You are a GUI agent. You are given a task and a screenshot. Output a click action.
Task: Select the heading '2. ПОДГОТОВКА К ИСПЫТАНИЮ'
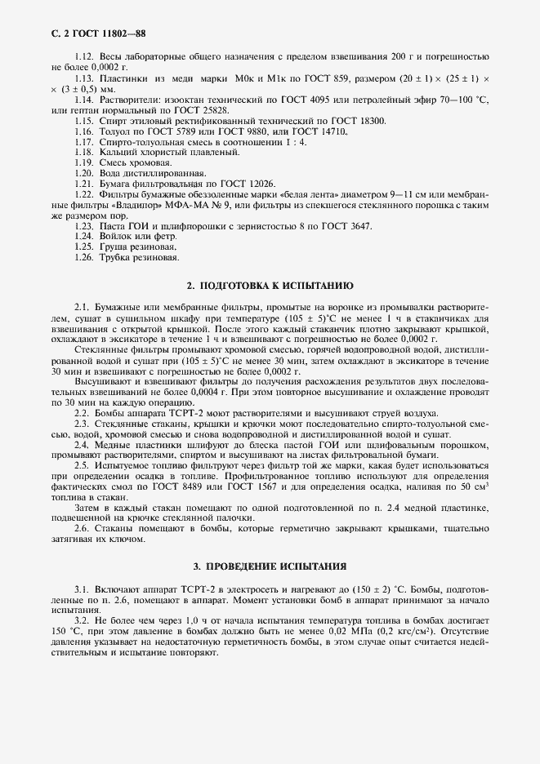[270, 286]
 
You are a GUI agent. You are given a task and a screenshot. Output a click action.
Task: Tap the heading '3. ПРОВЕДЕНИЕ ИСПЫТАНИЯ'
[270, 566]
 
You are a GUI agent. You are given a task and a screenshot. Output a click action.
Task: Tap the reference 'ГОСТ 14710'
[319, 131]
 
